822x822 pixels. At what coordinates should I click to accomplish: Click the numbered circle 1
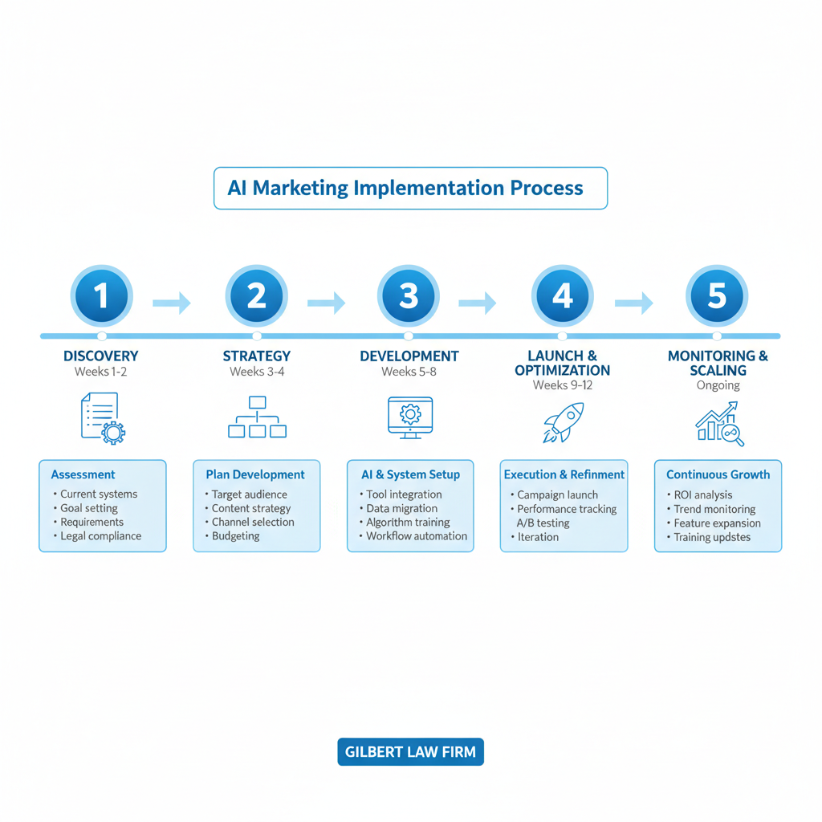[101, 296]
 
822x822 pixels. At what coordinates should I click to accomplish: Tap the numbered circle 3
[409, 296]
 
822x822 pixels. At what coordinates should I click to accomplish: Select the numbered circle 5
[716, 296]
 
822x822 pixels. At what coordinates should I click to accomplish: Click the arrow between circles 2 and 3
[326, 303]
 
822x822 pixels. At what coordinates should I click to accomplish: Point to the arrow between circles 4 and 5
[633, 303]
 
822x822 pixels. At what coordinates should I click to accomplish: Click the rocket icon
[562, 422]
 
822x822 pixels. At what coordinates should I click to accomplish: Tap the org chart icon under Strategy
[257, 417]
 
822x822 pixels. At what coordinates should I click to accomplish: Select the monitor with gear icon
[409, 417]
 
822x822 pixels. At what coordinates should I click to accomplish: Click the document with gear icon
[103, 418]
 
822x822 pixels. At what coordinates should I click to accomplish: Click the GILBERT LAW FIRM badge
[410, 752]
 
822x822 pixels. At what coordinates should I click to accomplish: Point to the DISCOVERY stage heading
[101, 356]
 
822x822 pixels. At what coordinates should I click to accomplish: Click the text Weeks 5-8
[409, 372]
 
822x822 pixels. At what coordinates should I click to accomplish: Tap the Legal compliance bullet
[101, 536]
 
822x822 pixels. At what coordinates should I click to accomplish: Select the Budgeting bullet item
[235, 536]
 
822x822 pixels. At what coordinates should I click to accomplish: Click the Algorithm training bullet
[408, 523]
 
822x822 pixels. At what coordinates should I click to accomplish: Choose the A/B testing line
[543, 523]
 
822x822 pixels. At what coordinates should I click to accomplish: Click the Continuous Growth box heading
[718, 474]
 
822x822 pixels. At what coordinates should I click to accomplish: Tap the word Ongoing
[718, 385]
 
